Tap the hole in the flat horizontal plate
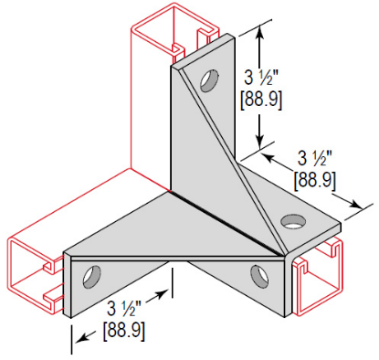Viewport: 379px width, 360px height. pyautogui.click(x=293, y=219)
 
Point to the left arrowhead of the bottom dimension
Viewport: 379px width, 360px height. pyautogui.click(x=79, y=337)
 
